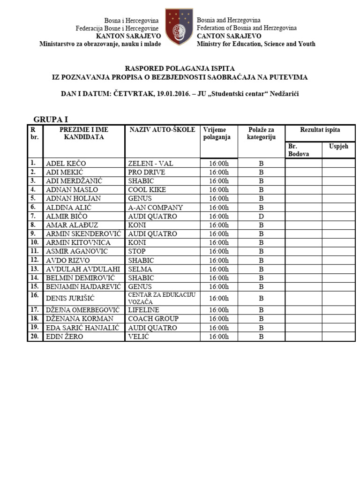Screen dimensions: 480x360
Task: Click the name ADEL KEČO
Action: pos(66,163)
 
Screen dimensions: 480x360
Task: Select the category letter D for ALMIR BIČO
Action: pos(261,216)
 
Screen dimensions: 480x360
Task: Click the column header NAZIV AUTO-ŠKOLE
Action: pos(162,130)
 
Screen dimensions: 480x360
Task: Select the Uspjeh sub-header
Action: pos(338,146)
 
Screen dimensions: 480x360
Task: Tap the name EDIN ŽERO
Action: pos(65,337)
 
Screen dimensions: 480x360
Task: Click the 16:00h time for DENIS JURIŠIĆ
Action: pos(219,298)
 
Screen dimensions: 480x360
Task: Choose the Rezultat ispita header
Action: pos(320,130)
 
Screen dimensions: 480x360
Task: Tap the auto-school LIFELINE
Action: pos(143,310)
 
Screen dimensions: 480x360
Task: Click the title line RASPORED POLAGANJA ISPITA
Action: pos(180,68)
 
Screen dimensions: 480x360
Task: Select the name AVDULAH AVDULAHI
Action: pos(83,269)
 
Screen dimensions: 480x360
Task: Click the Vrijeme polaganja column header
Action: pos(217,133)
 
